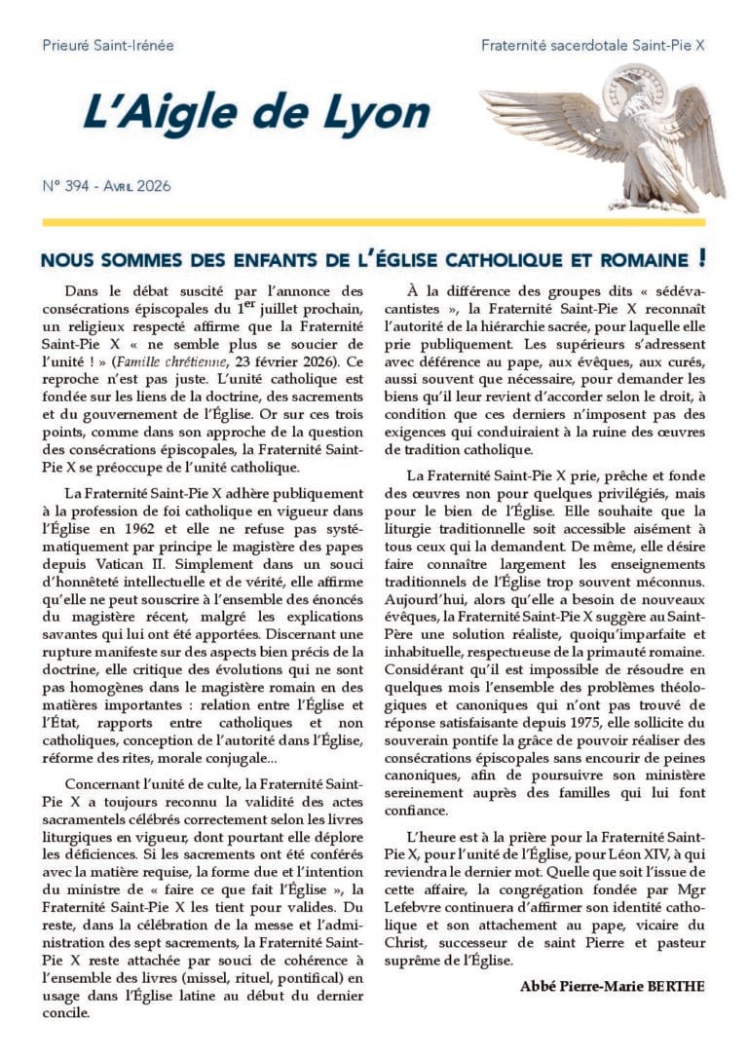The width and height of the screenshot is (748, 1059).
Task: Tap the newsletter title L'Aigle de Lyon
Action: (256, 115)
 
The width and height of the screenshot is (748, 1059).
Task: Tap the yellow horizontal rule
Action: (374, 223)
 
